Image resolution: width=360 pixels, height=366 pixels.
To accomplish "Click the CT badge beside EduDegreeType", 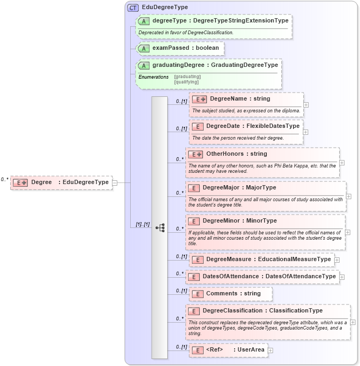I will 133,7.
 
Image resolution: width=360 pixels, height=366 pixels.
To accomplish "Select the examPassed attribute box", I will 180,48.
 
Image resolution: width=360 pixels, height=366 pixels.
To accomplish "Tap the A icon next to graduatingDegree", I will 144,65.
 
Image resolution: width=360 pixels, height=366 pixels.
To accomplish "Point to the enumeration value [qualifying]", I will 186,82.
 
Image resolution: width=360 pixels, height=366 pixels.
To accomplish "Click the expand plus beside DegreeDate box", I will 306,132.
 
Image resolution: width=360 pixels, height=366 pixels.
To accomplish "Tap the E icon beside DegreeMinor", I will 194,221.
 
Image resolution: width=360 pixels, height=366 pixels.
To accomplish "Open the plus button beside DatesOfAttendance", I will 342,277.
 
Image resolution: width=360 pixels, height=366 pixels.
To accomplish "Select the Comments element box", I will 230,294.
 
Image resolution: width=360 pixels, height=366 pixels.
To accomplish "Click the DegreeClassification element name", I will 233,311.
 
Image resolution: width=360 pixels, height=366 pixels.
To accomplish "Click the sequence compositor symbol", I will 160,227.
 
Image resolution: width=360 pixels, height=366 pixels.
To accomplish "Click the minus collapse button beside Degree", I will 115,182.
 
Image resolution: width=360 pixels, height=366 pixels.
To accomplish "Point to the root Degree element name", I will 41,182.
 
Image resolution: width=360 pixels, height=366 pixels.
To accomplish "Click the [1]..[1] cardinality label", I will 139,225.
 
